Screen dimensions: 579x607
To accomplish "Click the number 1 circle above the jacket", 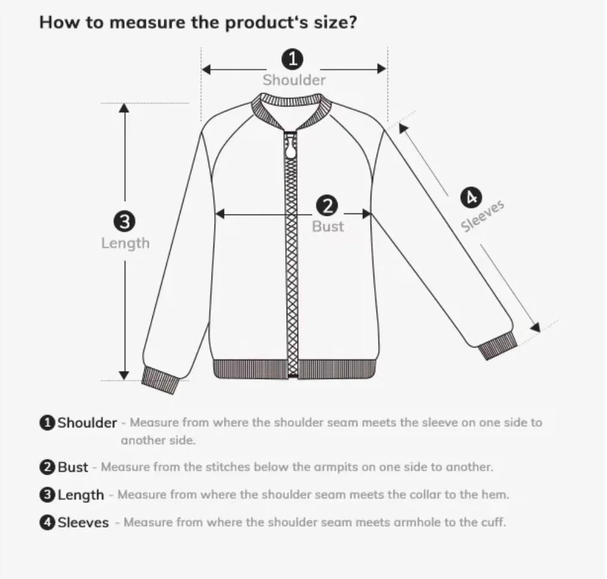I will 293,59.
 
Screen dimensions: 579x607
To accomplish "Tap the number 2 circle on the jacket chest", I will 327,207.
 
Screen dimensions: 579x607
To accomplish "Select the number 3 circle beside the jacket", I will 124,222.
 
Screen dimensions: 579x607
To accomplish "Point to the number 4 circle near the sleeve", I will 470,197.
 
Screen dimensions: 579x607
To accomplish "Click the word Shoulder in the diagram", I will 294,80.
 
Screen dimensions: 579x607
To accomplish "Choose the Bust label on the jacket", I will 327,227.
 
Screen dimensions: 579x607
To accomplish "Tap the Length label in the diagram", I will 125,243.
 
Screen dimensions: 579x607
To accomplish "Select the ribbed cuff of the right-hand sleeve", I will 497,346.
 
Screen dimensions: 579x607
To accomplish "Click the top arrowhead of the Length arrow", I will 124,108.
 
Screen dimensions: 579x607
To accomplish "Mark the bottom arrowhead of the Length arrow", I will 124,375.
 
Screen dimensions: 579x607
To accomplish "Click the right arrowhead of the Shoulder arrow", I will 381,69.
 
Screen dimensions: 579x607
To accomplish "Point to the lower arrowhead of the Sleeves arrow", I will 535,327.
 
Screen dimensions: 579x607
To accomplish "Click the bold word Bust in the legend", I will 73,467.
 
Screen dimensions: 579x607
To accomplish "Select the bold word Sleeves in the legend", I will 83,523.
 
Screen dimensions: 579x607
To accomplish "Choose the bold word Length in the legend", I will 80,495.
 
